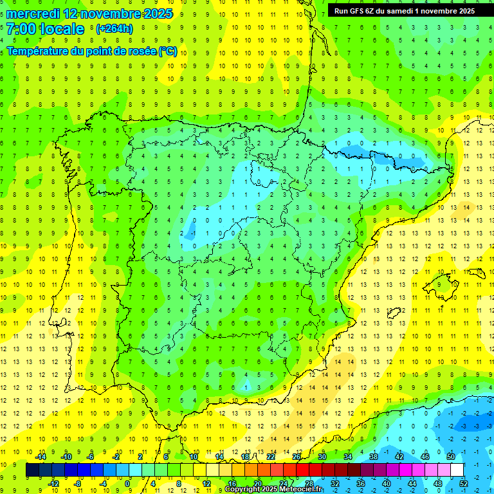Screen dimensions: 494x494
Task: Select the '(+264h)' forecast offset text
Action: (114, 29)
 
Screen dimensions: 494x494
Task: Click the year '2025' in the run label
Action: (463, 11)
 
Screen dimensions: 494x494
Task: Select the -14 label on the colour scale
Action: (41, 457)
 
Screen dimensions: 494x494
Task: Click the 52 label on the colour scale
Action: (464, 483)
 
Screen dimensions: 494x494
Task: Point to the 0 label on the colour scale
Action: (127, 483)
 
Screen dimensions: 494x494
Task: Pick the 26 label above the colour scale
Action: (297, 457)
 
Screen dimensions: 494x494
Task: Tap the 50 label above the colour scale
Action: (451, 457)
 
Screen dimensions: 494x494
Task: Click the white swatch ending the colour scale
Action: (457, 470)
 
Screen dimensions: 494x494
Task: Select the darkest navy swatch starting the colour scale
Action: (32, 470)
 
